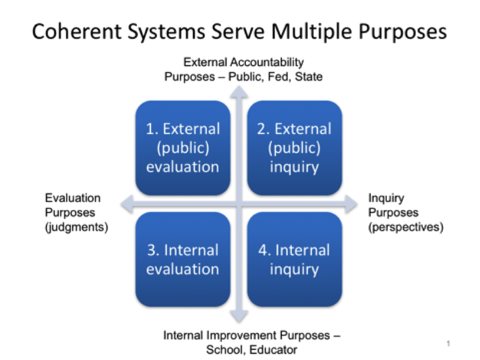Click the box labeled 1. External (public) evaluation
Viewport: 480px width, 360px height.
183,148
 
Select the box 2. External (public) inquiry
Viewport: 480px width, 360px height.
294,148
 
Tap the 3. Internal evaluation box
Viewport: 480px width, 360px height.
183,259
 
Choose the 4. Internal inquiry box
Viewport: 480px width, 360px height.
294,259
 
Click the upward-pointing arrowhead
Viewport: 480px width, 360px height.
239,92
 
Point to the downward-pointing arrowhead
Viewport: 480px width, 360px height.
239,316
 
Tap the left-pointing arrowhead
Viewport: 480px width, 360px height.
127,204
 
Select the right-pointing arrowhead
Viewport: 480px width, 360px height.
351,204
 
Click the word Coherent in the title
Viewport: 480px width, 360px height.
77,31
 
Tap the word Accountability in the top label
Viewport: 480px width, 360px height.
267,63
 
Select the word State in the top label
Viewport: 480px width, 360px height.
308,77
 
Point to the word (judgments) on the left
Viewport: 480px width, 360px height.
77,227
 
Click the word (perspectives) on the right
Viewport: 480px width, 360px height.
406,227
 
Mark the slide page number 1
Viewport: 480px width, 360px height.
449,343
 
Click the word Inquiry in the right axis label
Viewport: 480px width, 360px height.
386,198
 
